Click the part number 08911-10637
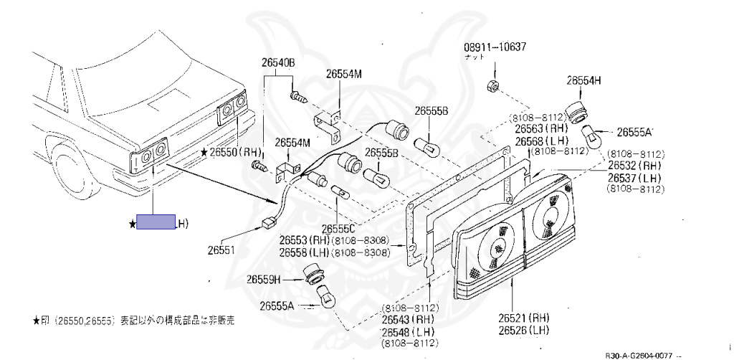(495, 48)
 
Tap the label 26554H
(583, 80)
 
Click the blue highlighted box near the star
(156, 223)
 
